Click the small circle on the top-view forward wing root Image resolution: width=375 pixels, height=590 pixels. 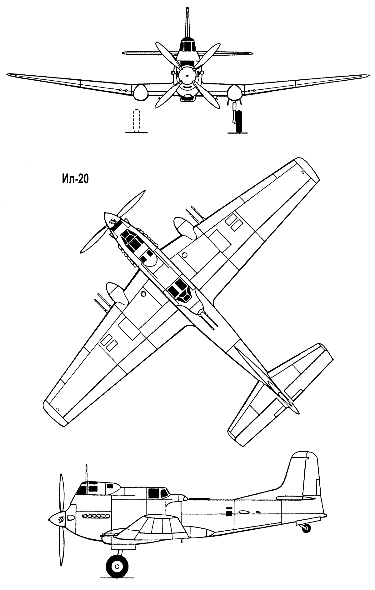(x=184, y=255)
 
